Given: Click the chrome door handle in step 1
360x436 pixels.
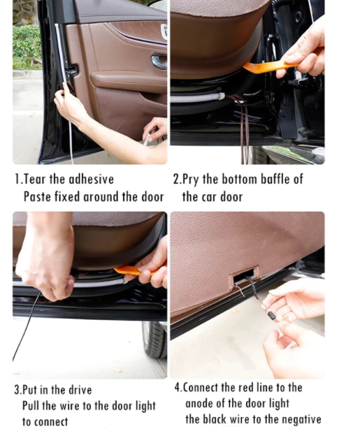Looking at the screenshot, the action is pyautogui.click(x=159, y=61).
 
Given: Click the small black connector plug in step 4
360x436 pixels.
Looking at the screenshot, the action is pyautogui.click(x=271, y=314).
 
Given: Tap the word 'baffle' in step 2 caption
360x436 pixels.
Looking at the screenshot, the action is pyautogui.click(x=275, y=180).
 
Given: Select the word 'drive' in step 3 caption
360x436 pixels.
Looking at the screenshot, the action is pyautogui.click(x=80, y=390).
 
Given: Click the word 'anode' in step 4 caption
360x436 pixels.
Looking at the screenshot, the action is pyautogui.click(x=198, y=403).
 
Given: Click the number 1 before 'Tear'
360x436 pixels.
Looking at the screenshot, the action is pyautogui.click(x=17, y=180).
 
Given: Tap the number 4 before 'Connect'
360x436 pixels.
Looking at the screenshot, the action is pyautogui.click(x=178, y=387).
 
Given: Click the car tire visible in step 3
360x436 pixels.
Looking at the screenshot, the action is pyautogui.click(x=154, y=340).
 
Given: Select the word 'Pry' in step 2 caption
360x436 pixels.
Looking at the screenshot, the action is pyautogui.click(x=190, y=180).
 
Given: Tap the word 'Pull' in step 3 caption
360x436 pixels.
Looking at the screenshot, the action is pyautogui.click(x=31, y=406).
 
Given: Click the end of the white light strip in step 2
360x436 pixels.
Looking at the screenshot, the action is pyautogui.click(x=222, y=96).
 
